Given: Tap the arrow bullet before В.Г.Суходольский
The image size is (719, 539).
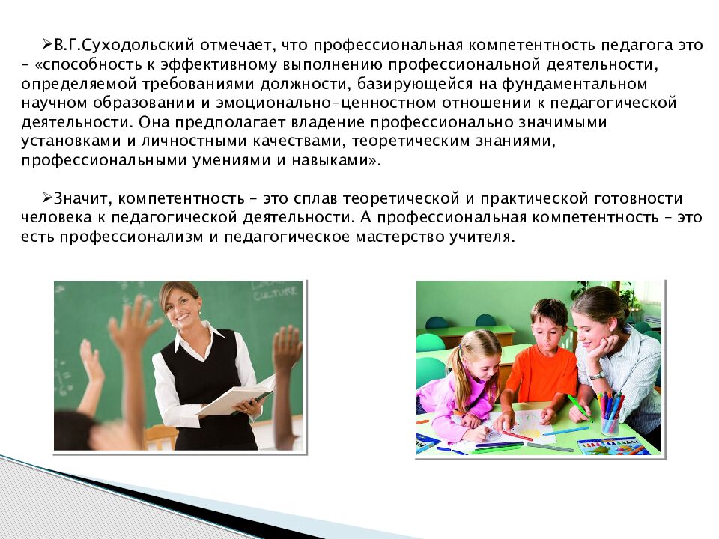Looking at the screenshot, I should pyautogui.click(x=46, y=45).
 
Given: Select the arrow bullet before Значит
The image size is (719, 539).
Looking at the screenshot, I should pyautogui.click(x=46, y=199).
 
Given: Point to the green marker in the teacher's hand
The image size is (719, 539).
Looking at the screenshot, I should pyautogui.click(x=577, y=404).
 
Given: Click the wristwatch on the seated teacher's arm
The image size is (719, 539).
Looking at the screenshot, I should pyautogui.click(x=596, y=375).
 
